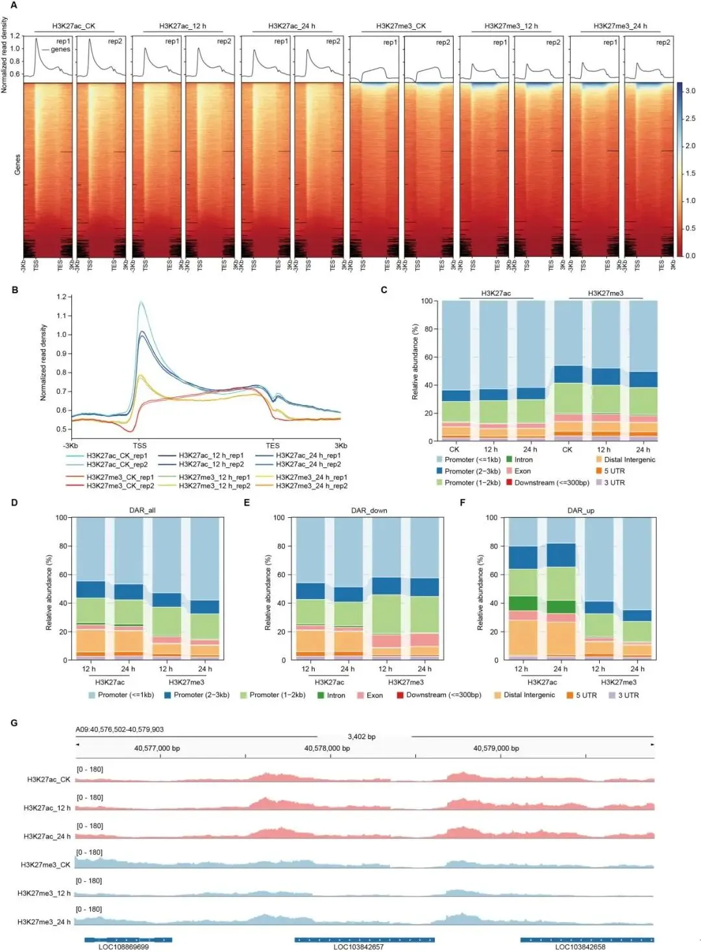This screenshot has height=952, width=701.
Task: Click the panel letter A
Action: pos(14,6)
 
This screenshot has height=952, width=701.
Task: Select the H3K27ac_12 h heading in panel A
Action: pos(182,26)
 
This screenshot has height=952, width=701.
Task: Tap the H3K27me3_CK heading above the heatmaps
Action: pos(401,26)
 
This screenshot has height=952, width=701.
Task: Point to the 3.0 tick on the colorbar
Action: pos(690,91)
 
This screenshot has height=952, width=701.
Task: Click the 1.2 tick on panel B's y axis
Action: pos(62,297)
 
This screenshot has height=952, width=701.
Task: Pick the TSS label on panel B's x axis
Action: pos(140,445)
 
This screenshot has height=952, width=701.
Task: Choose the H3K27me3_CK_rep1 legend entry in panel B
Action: pos(120,477)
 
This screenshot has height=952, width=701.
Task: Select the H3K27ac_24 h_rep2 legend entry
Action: pos(308,464)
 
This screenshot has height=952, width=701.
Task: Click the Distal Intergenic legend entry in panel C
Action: pos(629,459)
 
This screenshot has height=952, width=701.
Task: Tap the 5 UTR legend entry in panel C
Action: pos(614,471)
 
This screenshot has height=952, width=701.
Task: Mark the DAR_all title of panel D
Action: pos(142,510)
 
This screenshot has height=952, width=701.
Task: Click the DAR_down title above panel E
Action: pos(369,510)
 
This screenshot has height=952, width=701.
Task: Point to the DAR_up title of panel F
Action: pos(580,510)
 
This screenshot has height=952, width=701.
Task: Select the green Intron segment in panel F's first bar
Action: pos(523,603)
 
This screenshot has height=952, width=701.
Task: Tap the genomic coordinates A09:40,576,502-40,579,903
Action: pos(119,729)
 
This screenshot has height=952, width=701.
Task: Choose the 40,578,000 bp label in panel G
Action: pos(326,748)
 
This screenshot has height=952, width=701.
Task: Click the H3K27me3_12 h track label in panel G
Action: pos(44,893)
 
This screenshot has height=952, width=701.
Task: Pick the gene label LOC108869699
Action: pos(123,947)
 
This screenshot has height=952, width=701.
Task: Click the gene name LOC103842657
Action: pos(358,947)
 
